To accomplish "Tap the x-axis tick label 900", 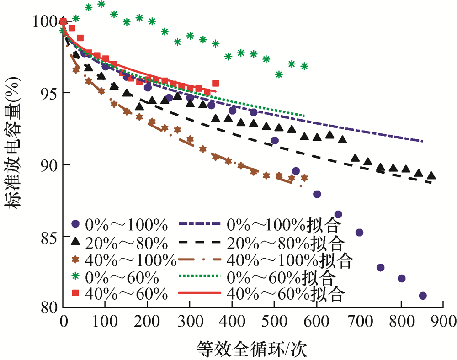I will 443,319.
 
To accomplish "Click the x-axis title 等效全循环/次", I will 252,349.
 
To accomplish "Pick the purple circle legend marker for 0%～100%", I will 76,224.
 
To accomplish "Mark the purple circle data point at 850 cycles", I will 423,296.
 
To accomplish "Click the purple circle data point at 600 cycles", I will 317,194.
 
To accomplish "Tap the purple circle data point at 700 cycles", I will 359,233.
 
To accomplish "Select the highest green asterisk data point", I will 101,4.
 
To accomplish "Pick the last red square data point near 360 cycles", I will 215,83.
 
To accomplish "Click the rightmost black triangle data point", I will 431,176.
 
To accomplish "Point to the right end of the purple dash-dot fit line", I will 422,142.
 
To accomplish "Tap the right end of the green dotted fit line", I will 304,116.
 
